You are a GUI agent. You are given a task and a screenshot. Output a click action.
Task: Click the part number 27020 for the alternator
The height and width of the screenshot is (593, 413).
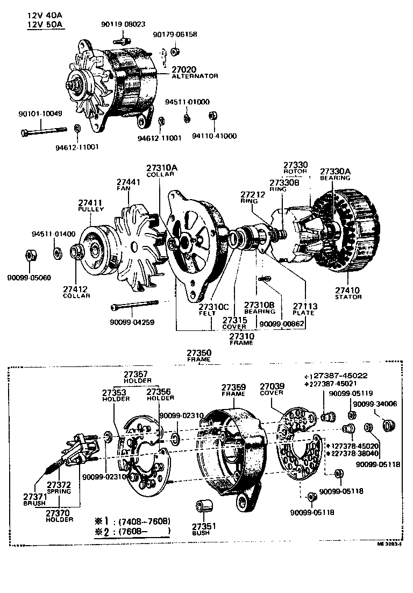coord(184,69)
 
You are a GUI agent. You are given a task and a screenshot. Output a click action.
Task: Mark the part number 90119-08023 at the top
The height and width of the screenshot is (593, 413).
coord(123,24)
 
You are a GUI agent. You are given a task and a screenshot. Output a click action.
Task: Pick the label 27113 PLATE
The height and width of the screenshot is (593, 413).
coord(305,309)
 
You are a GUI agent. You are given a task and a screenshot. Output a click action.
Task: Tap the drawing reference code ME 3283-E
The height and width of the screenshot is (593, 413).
coord(391,544)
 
